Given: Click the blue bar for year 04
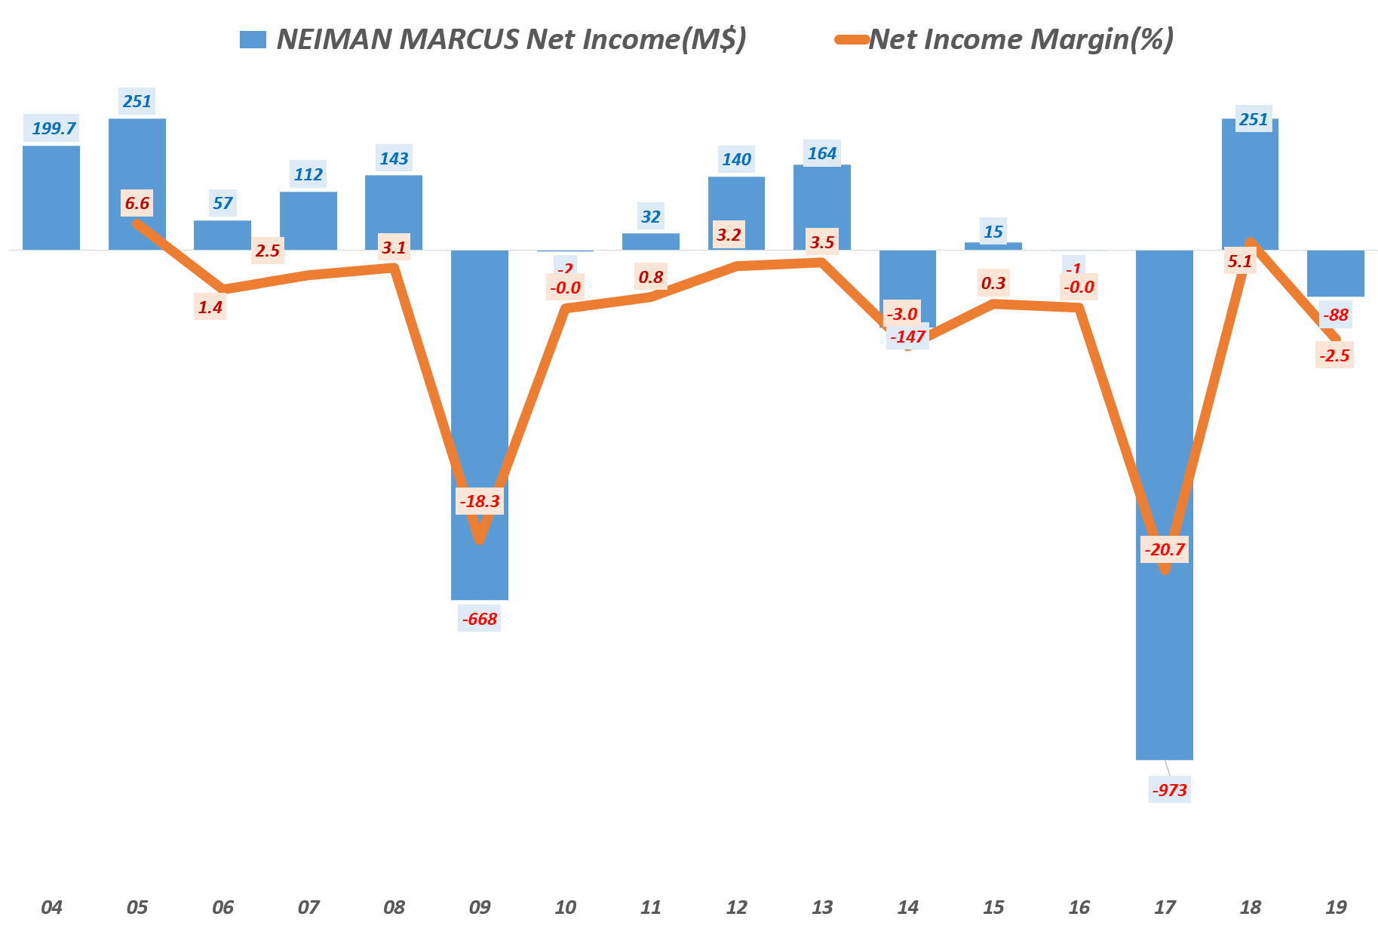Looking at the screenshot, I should [x=51, y=198].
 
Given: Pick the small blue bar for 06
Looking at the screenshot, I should [x=223, y=235].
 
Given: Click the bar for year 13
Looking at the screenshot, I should [x=822, y=208].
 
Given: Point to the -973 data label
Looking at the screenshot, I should [x=1170, y=790].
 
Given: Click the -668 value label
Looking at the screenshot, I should [x=480, y=619].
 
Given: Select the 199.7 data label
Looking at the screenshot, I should [x=54, y=128].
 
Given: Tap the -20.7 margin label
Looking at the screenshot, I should [x=1165, y=549].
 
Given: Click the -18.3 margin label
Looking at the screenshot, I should [x=480, y=501].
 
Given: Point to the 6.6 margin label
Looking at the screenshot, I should [x=137, y=203].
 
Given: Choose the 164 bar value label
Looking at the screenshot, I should [x=822, y=153].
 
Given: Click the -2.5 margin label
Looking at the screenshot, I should [x=1334, y=355].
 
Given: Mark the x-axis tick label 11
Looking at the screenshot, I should [x=651, y=907].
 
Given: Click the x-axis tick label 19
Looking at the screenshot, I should [x=1336, y=907].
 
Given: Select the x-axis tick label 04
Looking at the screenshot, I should [x=51, y=907].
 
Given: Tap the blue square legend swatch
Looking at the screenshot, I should [x=253, y=40].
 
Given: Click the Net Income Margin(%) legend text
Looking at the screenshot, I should [x=1021, y=39].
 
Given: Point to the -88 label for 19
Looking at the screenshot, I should [x=1336, y=315].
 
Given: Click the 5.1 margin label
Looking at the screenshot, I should [x=1240, y=261].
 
